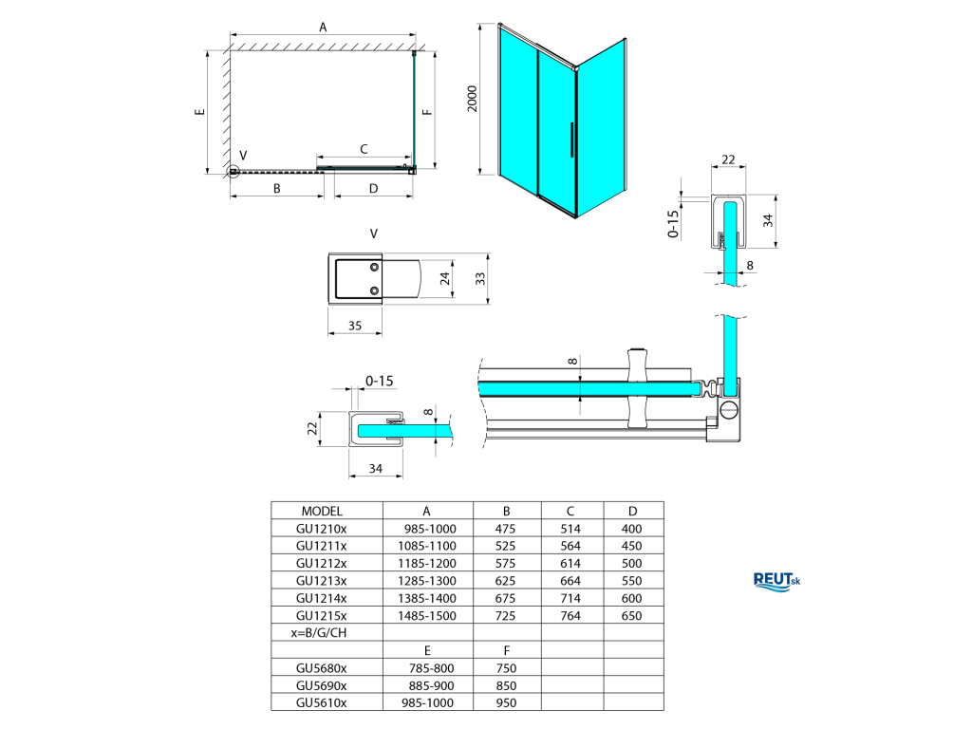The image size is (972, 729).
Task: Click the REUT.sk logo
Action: pyautogui.click(x=776, y=582)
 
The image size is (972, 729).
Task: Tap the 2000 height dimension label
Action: pyautogui.click(x=473, y=99)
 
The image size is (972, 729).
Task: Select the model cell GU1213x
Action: pyautogui.click(x=321, y=581)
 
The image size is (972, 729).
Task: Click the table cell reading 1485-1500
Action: pyautogui.click(x=427, y=615)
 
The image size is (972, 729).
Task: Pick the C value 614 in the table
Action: pyautogui.click(x=570, y=564)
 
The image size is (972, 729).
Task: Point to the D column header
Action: pyautogui.click(x=632, y=512)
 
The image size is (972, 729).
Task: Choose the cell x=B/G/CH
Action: pyautogui.click(x=319, y=633)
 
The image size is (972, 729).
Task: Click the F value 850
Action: pyautogui.click(x=507, y=685)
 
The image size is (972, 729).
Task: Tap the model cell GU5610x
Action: pyautogui.click(x=321, y=703)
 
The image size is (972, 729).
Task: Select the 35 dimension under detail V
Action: pyautogui.click(x=355, y=326)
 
